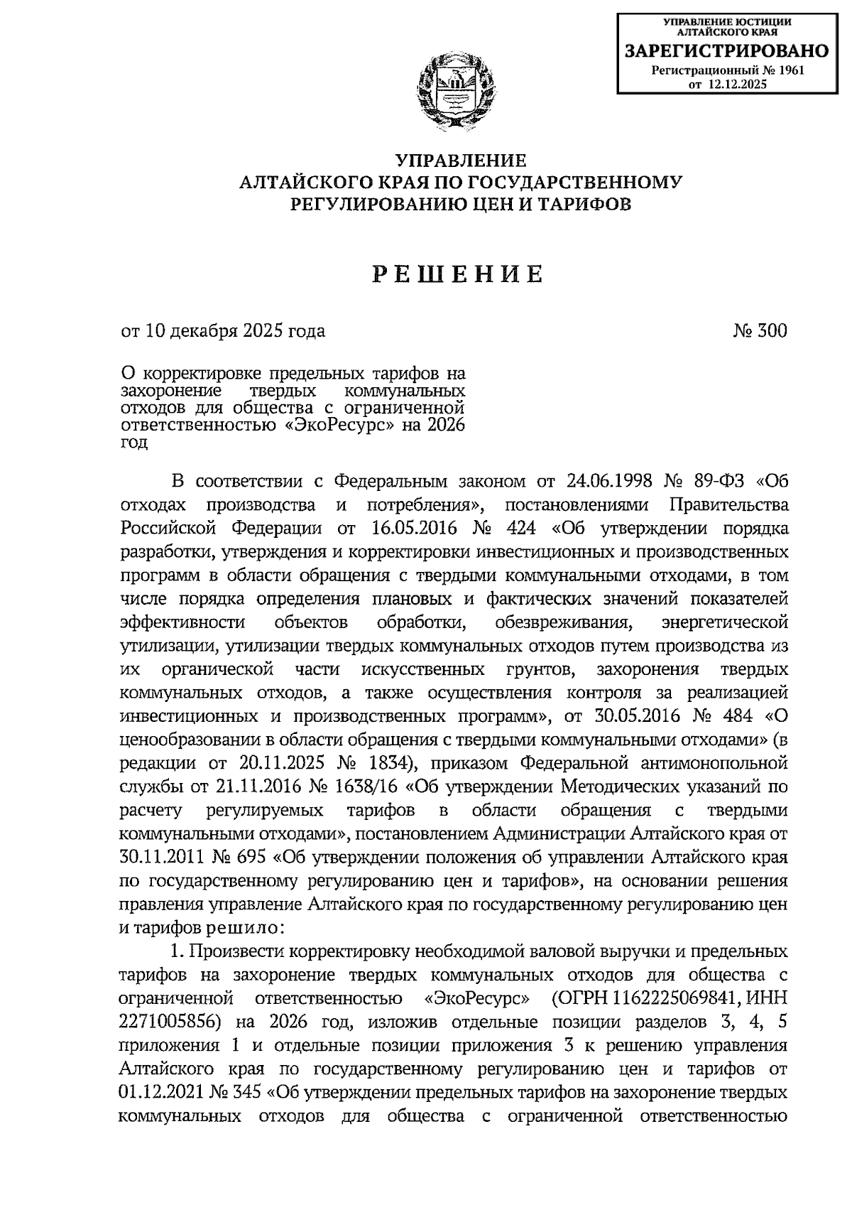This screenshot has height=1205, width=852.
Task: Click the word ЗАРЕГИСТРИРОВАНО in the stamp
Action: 726,50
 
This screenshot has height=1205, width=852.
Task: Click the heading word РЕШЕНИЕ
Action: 459,275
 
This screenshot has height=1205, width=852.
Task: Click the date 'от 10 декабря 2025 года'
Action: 224,331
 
